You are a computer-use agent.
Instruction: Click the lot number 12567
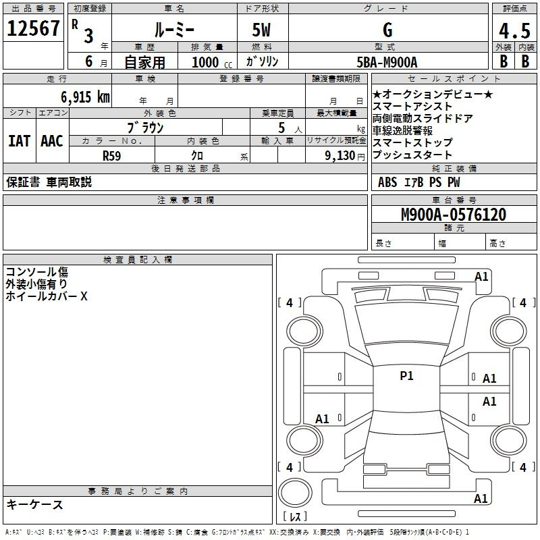coord(33,28)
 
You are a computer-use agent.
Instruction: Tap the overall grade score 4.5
coord(514,31)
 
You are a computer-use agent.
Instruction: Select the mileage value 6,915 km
coord(86,97)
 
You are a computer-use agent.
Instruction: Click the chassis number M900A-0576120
coord(454,215)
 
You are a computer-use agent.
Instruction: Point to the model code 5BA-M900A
coord(387,62)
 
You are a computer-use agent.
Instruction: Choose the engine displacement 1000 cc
coord(212,62)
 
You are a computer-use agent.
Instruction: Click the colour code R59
coord(111,156)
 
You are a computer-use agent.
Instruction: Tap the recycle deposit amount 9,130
coord(340,156)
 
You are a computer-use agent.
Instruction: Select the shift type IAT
coord(20,141)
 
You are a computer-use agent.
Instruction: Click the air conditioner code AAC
coord(52,141)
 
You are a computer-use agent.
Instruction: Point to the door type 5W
coord(261,30)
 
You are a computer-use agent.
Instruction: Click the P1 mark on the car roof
coord(406,376)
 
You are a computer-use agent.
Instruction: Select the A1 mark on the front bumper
coord(481,277)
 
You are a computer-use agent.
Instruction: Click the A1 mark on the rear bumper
coord(481,498)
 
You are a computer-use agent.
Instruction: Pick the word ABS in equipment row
coord(387,182)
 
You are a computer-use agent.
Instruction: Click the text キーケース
coord(34,504)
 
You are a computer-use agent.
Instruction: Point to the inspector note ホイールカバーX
coord(47,296)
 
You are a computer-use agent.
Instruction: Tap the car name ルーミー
coord(174,30)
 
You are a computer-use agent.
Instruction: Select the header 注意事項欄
coord(185,200)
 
